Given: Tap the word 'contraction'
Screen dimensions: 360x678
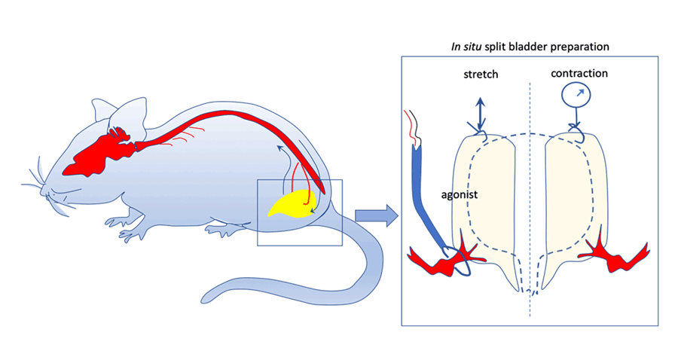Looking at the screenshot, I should (579, 74).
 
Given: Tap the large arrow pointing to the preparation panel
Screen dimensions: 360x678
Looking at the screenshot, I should (376, 216).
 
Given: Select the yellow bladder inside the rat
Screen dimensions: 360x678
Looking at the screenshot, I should (290, 204).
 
